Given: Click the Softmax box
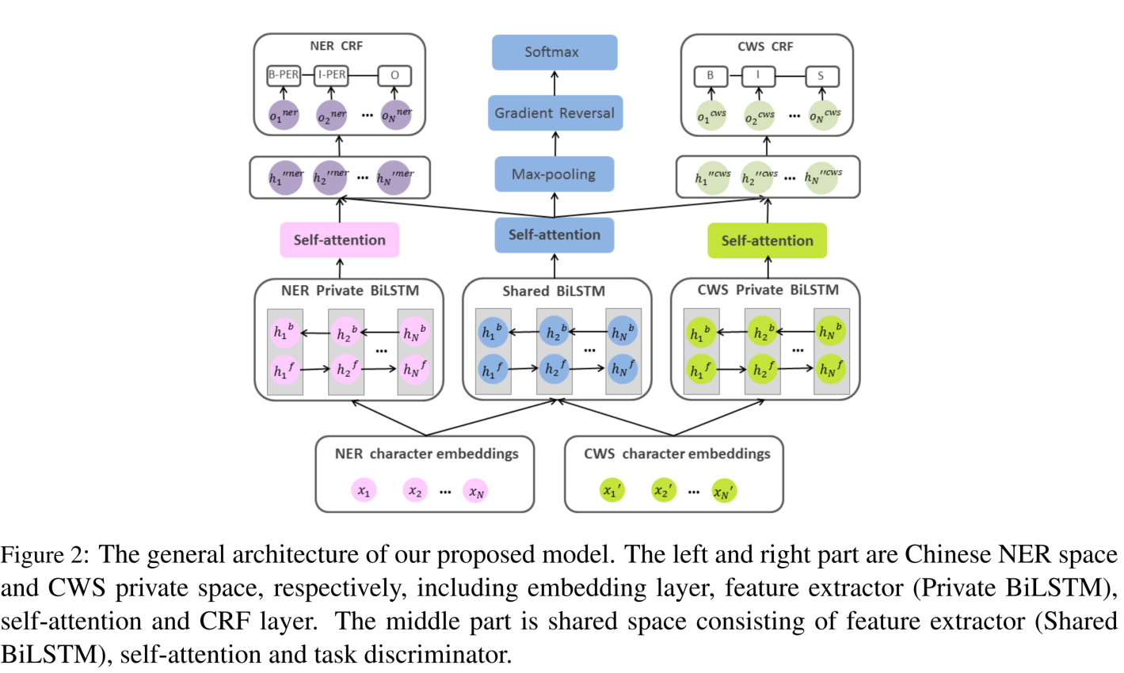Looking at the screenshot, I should click(554, 52).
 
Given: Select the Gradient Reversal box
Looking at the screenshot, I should click(554, 113).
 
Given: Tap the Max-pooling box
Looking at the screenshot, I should click(554, 174).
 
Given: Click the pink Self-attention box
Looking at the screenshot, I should click(339, 240).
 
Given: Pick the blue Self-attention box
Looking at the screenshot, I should click(554, 235).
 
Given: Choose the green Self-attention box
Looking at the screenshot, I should click(766, 241).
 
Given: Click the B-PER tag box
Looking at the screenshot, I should click(284, 75).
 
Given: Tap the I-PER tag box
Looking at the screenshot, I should click(331, 75).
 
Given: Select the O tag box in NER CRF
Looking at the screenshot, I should click(394, 76).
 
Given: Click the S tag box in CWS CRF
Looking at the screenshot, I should click(821, 77).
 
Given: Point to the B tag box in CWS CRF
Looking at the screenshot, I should click(711, 76).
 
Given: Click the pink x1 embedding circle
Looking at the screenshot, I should click(364, 491).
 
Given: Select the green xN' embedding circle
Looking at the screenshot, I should click(723, 492).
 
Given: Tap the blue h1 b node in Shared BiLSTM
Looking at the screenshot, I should click(493, 333).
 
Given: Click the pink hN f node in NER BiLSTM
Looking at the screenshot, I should click(414, 369).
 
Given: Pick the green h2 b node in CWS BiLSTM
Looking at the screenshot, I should click(761, 333).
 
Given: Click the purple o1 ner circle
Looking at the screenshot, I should click(284, 116).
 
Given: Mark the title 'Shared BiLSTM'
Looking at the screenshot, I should click(553, 291).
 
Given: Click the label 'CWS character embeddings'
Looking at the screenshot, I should click(676, 454).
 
